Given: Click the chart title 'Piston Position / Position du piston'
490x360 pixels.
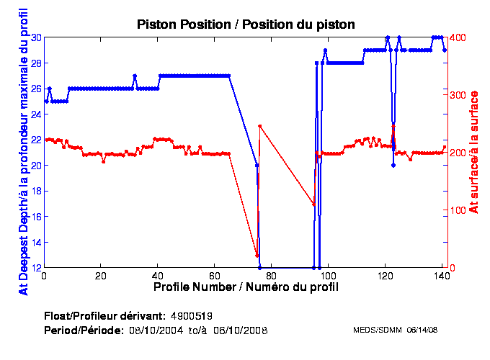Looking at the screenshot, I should pyautogui.click(x=246, y=24).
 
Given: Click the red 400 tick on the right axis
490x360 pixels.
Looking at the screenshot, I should pyautogui.click(x=459, y=37).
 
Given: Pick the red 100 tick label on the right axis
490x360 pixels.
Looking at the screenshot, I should pyautogui.click(x=459, y=210).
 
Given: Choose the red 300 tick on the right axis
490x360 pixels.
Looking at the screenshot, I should pyautogui.click(x=459, y=94).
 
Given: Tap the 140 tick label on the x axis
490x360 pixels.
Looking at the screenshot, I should pyautogui.click(x=442, y=276).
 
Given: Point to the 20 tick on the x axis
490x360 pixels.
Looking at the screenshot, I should pyautogui.click(x=101, y=276).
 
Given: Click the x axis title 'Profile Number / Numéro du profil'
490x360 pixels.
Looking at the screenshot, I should pyautogui.click(x=246, y=287).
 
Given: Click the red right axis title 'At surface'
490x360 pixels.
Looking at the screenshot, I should pyautogui.click(x=473, y=152).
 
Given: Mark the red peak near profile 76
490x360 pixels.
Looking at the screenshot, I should pyautogui.click(x=259, y=126).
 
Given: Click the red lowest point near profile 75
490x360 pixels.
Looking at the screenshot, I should pyautogui.click(x=257, y=256).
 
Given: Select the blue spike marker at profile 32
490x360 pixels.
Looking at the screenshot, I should pyautogui.click(x=135, y=76).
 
